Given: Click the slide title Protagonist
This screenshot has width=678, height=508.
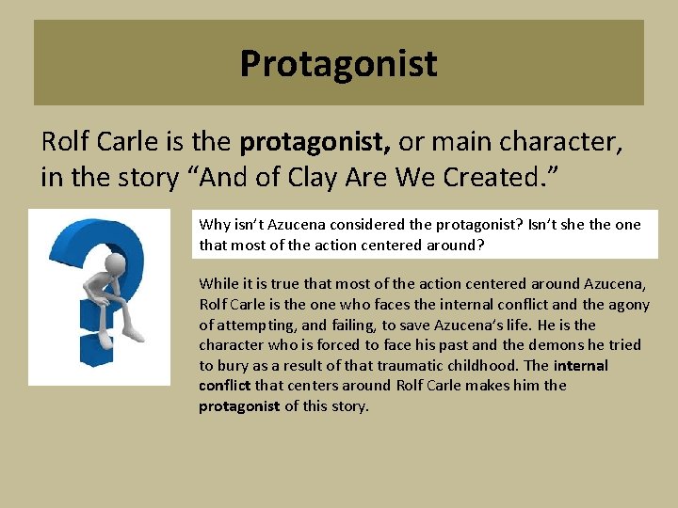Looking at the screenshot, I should tap(338, 64).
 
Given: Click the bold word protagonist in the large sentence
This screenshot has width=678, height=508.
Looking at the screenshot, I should tap(315, 142).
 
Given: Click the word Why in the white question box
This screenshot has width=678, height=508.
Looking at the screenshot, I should tap(214, 225).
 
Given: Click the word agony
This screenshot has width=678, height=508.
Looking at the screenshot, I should tap(628, 304).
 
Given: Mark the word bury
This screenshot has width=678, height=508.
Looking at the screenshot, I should tap(231, 366).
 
